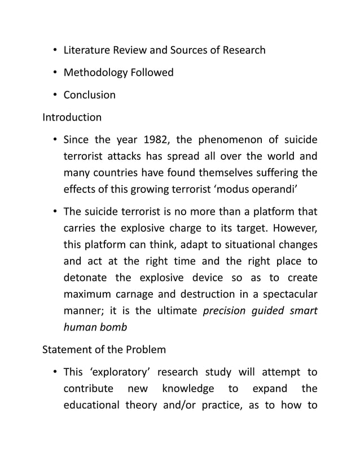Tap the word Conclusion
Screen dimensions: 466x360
click(89, 95)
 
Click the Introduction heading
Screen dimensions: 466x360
click(72, 117)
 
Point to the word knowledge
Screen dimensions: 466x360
click(188, 389)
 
